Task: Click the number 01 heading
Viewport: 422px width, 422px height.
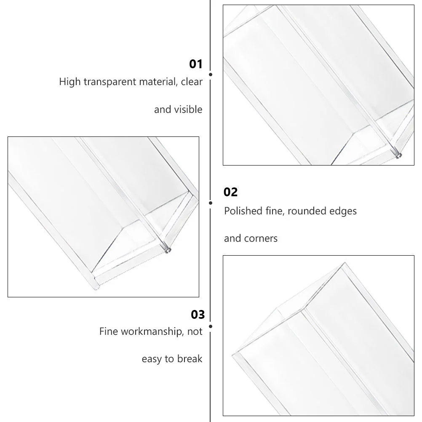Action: coord(196,64)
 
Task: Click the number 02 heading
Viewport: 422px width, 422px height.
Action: coord(231,192)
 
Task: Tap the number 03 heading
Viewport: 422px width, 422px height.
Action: coord(198,314)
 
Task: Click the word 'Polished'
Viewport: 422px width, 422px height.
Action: coord(242,211)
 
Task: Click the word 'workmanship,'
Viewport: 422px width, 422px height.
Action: coord(150,331)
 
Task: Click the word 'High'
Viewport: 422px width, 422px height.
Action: coord(69,82)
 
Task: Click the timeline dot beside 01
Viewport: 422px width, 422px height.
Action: coord(211,74)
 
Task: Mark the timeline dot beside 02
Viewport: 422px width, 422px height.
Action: coord(211,203)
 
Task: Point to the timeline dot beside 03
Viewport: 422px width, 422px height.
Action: coord(211,326)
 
